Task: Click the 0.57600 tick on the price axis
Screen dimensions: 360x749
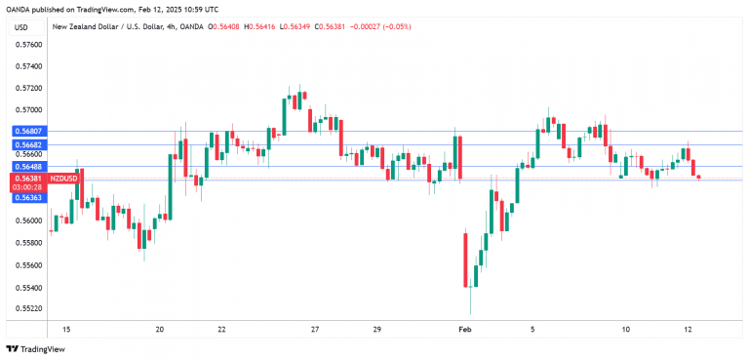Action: coord(29,45)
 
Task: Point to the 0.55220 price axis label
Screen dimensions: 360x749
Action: coord(29,309)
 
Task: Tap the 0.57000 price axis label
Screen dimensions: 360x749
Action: coord(29,111)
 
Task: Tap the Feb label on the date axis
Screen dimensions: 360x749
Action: coord(466,331)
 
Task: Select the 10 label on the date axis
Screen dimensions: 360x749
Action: coord(626,331)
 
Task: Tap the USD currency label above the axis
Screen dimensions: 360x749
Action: coord(20,27)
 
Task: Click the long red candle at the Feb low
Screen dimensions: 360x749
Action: coord(465,259)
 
